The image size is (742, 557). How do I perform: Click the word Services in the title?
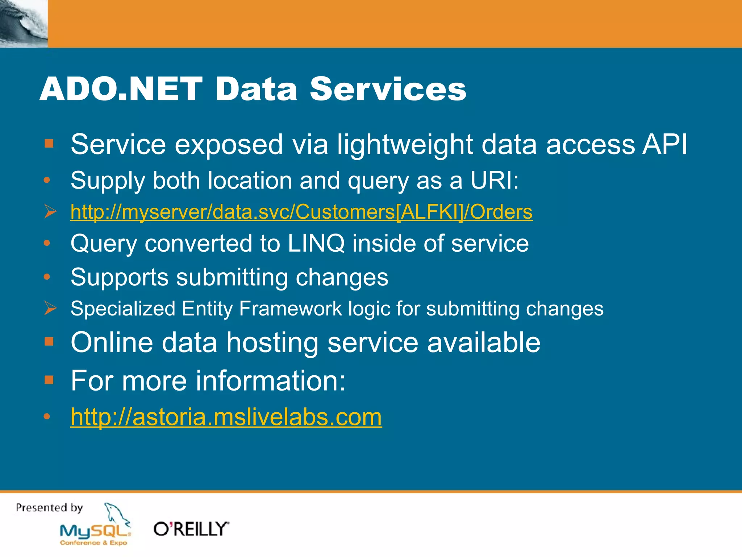point(388,89)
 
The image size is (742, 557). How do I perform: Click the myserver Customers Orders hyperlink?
point(301,212)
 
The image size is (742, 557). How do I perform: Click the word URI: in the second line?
point(494,180)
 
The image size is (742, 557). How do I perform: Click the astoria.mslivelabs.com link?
point(226,417)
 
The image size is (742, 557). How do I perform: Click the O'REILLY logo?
point(191,529)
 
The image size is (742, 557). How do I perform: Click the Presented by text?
point(49,508)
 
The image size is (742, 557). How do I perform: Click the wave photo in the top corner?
point(24,24)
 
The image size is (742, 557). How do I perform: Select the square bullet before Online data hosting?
point(49,342)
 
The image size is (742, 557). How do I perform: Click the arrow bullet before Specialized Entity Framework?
point(50,308)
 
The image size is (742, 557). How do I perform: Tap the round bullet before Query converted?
point(47,243)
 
